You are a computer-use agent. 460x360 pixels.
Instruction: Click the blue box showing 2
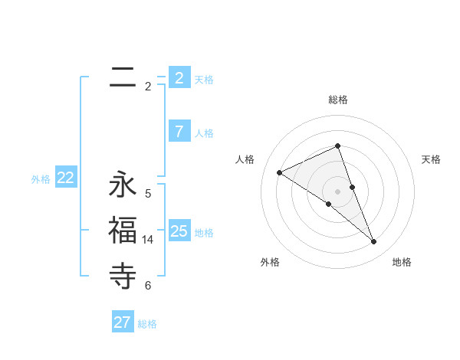point(179,77)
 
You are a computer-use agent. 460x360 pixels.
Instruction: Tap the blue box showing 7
point(179,131)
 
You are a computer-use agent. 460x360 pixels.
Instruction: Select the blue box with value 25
point(179,230)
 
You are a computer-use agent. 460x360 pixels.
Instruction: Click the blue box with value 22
point(66,178)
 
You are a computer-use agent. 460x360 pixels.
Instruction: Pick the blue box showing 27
point(123,322)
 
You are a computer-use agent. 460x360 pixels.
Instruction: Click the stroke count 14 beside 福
point(148,240)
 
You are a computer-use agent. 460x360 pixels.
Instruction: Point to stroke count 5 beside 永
point(148,194)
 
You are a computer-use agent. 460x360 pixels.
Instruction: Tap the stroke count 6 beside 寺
point(148,286)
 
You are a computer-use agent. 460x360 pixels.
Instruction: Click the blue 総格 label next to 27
point(147,324)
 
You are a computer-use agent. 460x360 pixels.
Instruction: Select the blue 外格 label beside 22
point(41,179)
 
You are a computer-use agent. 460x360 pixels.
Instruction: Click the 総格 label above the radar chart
point(338,100)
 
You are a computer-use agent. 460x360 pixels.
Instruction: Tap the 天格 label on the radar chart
point(432,159)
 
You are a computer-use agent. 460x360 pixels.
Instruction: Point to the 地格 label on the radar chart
point(402,262)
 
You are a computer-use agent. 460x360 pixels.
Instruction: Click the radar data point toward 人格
point(280,172)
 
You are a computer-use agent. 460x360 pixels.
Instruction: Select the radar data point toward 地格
point(374,242)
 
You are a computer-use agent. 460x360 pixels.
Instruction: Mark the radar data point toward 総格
point(338,146)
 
